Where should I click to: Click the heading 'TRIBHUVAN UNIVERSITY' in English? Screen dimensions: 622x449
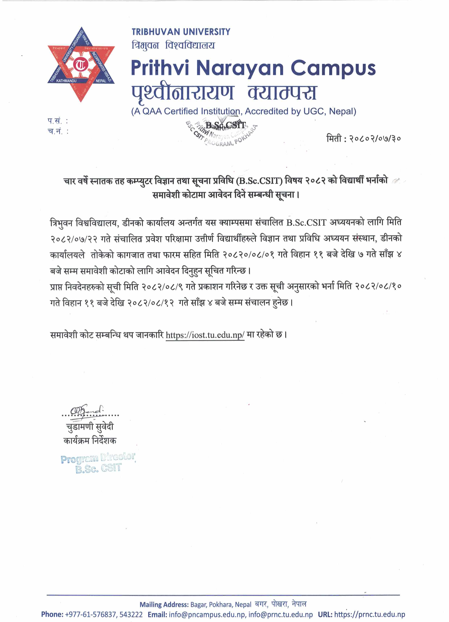(181, 32)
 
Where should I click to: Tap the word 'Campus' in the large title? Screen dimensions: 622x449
(333, 68)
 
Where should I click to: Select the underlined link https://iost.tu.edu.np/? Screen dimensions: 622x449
(205, 335)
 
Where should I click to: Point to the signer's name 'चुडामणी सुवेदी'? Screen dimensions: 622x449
(90, 426)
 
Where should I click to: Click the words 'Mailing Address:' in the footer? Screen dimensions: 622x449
(164, 604)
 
